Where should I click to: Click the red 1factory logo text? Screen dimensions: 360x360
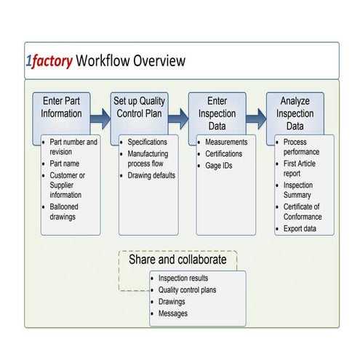(x=49, y=60)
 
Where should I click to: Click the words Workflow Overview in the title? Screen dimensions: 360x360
(x=130, y=60)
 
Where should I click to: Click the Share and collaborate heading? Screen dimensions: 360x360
(x=177, y=260)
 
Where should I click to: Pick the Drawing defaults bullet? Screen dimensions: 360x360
(x=151, y=175)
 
